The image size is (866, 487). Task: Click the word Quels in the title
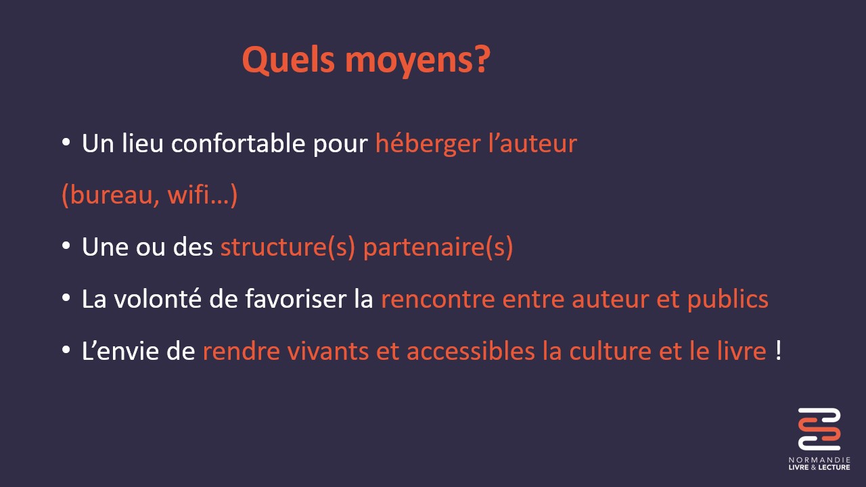pyautogui.click(x=288, y=60)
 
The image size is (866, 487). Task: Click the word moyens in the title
pyautogui.click(x=411, y=62)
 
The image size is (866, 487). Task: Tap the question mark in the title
pyautogui.click(x=484, y=59)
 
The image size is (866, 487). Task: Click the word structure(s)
pyautogui.click(x=288, y=248)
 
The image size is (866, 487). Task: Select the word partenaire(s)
pyautogui.click(x=438, y=248)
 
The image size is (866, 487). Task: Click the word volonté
pyautogui.click(x=158, y=299)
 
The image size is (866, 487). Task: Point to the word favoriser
pyautogui.click(x=296, y=299)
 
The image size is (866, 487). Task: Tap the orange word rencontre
pyautogui.click(x=438, y=300)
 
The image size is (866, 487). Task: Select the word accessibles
pyautogui.click(x=470, y=351)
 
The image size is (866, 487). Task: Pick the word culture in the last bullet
pyautogui.click(x=610, y=351)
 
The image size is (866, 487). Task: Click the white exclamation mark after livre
pyautogui.click(x=778, y=350)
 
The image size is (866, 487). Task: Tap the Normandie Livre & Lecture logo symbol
pyautogui.click(x=819, y=429)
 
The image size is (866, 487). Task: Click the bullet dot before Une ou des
pyautogui.click(x=66, y=246)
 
